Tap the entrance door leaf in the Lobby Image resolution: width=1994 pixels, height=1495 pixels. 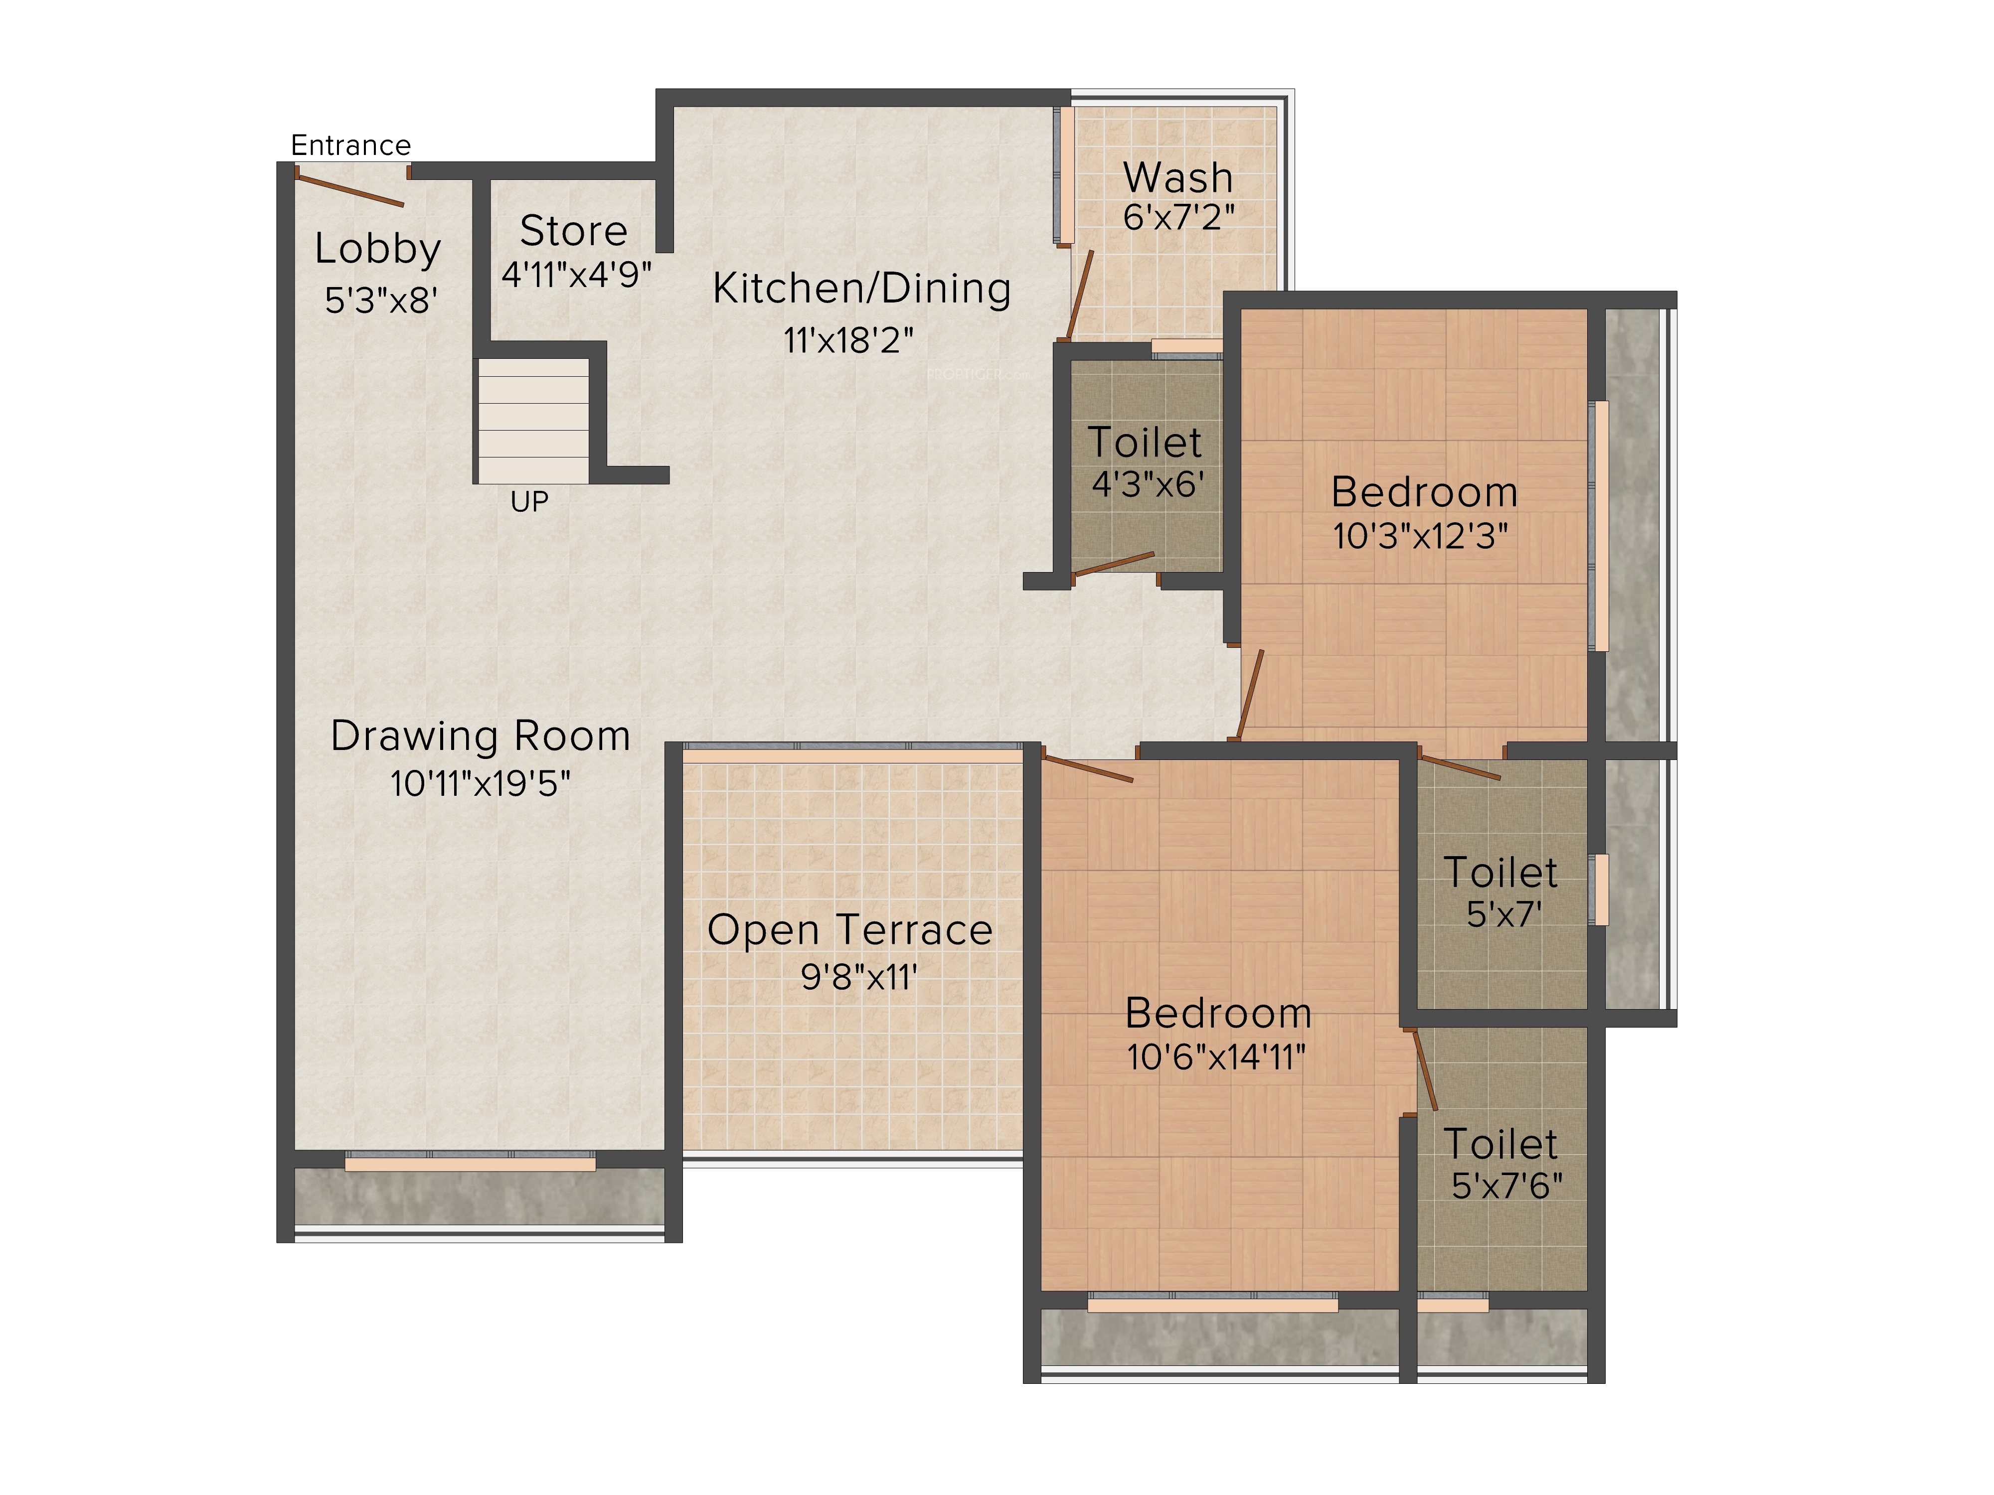click(x=350, y=190)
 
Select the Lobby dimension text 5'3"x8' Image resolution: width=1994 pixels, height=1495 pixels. click(x=381, y=300)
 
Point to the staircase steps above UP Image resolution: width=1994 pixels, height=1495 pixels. click(x=533, y=421)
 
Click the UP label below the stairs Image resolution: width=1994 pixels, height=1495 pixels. click(x=529, y=502)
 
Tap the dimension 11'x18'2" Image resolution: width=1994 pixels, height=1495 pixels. click(x=849, y=341)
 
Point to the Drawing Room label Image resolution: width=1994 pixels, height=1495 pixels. click(x=481, y=736)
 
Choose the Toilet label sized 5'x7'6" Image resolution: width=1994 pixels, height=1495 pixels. click(x=1501, y=1145)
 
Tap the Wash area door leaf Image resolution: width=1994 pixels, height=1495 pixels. click(x=1079, y=295)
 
